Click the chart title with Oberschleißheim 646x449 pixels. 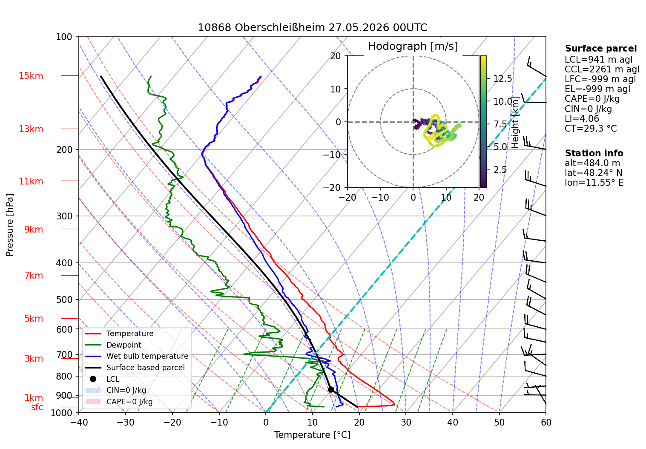(x=312, y=28)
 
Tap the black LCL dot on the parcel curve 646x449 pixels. (x=331, y=390)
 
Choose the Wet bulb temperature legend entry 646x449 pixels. (x=137, y=357)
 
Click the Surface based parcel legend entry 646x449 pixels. (x=135, y=368)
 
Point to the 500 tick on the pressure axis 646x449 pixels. (x=64, y=300)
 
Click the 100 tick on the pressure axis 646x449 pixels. (x=64, y=37)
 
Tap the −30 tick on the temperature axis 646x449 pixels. (x=126, y=423)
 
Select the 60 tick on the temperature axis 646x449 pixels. (x=546, y=423)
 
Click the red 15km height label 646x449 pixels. (x=31, y=76)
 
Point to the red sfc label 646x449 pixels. (x=37, y=407)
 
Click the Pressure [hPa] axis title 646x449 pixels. (x=9, y=225)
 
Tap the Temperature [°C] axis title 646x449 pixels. (x=312, y=435)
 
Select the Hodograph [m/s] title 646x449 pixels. (x=413, y=46)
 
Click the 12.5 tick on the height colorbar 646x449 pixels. (x=502, y=78)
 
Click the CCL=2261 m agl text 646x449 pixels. (x=602, y=69)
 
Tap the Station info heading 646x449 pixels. (x=594, y=153)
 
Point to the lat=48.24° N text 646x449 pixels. (x=594, y=173)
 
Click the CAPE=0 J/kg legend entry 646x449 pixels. (x=119, y=402)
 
